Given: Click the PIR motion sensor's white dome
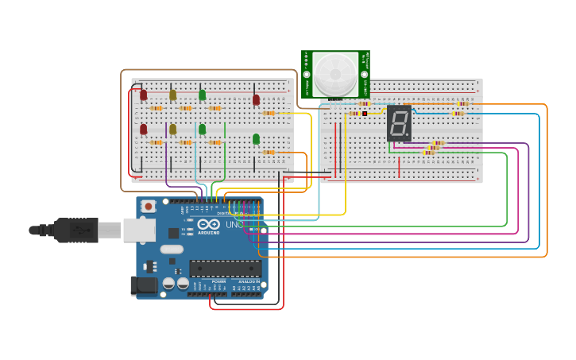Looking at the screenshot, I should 335,73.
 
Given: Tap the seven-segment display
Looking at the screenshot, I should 399,123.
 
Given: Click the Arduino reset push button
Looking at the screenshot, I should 149,207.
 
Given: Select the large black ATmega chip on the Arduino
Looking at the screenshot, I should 225,269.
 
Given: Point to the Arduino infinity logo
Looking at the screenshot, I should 209,225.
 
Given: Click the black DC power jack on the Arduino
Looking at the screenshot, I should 142,285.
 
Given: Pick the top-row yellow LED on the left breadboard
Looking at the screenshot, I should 172,95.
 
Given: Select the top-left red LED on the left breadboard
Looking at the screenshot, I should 143,95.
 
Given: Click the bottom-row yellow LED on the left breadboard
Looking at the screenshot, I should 172,129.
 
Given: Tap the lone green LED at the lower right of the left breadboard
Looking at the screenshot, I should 256,139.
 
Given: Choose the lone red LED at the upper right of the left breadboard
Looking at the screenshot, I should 256,100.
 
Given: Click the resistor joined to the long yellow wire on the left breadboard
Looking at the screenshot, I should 269,113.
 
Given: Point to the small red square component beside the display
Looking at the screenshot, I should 365,114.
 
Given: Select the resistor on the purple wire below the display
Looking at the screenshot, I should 438,143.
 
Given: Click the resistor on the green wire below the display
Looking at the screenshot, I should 428,153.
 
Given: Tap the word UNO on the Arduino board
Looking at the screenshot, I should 234,225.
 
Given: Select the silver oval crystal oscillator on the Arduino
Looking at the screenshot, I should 171,249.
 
